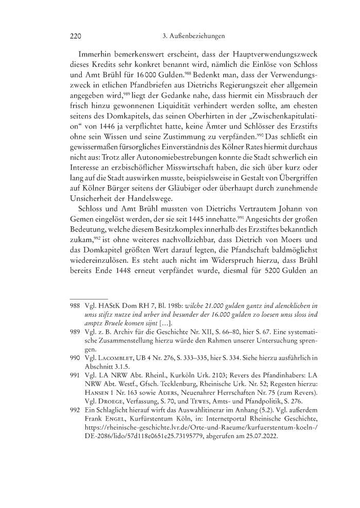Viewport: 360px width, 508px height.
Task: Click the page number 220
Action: (x=76, y=37)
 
